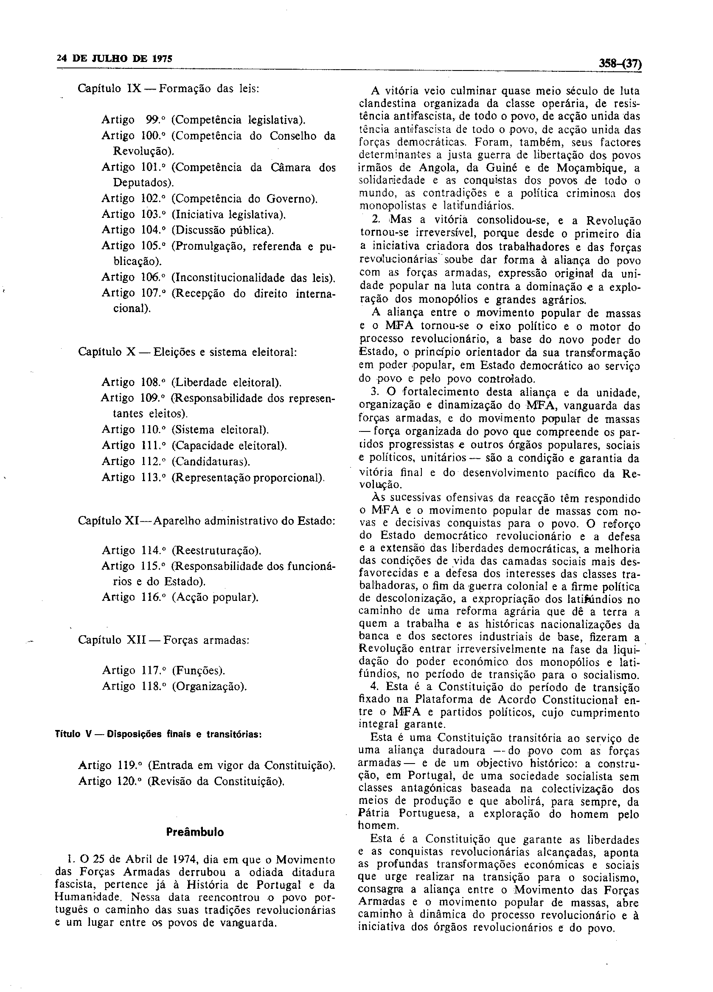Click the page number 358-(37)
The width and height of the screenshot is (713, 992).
point(620,64)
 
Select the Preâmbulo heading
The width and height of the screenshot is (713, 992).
point(195,832)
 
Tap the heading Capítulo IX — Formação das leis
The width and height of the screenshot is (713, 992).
point(169,88)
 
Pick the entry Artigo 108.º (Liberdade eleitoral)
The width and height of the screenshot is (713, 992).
point(191,382)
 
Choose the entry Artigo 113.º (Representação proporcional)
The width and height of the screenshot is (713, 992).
point(213,477)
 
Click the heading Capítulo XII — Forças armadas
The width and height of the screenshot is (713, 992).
point(163,640)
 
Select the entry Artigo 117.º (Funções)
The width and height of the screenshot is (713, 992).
point(163,670)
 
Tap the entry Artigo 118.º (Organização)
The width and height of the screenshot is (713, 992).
point(174,686)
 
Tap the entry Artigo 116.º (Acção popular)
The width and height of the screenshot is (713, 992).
point(180,597)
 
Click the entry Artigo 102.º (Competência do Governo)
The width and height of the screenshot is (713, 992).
point(209,199)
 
